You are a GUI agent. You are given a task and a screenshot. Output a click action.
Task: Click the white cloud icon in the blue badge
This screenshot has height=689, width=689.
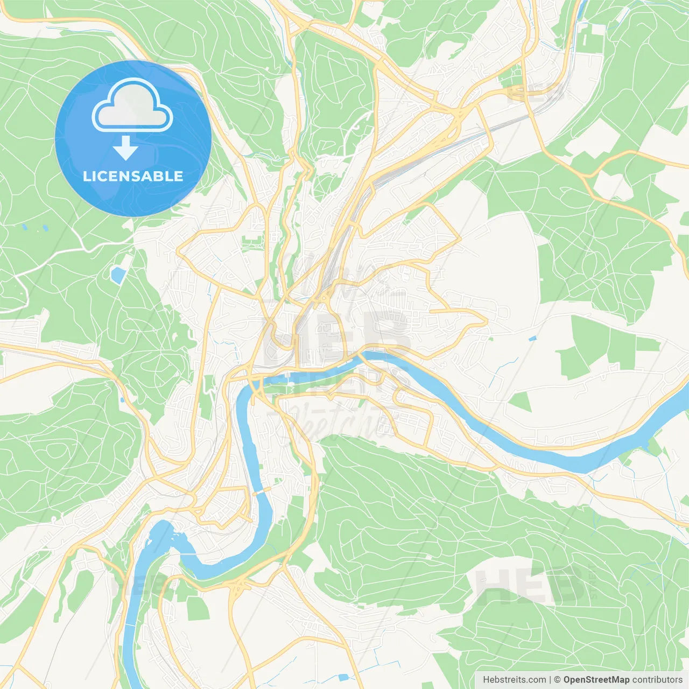132,106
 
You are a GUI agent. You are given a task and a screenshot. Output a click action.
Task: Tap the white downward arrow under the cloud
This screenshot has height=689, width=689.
125,149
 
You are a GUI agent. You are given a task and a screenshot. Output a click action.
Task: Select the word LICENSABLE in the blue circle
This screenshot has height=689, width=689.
133,176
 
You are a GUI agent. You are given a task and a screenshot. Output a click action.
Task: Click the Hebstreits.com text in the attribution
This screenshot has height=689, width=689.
514,680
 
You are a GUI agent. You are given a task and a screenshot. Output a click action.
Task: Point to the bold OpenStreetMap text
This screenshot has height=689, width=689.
596,680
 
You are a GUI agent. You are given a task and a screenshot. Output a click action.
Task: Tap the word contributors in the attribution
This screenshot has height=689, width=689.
657,680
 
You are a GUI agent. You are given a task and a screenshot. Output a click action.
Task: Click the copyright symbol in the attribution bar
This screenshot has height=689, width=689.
558,680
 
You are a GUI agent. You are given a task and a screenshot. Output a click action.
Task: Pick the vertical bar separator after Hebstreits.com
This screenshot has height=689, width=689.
550,680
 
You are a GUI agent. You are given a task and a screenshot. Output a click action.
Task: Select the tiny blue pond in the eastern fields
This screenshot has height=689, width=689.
532,339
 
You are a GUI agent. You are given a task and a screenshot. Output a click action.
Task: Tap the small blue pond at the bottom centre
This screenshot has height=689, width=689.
343,677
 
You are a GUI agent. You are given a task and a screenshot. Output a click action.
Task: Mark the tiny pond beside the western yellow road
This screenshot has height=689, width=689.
123,399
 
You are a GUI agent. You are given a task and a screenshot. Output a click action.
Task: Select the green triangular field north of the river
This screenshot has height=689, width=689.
521,401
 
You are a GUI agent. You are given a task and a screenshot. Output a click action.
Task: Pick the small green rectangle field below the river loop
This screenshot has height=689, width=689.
198,608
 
